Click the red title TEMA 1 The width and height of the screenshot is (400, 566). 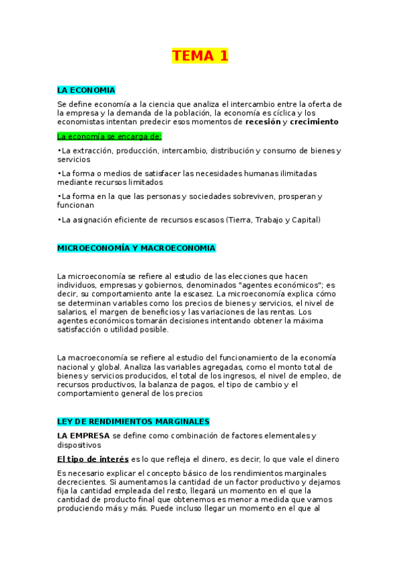coord(200,56)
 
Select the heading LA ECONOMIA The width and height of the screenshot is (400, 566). coord(86,90)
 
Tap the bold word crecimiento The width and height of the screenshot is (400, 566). coord(315,122)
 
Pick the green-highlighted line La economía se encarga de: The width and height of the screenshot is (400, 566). coord(110,136)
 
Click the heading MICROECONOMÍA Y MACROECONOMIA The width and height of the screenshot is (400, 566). coord(136,248)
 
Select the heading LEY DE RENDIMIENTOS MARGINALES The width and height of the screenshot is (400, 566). coord(134,422)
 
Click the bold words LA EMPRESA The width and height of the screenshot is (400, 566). coord(83,436)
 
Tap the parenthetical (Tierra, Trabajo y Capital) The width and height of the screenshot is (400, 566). coord(273,220)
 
